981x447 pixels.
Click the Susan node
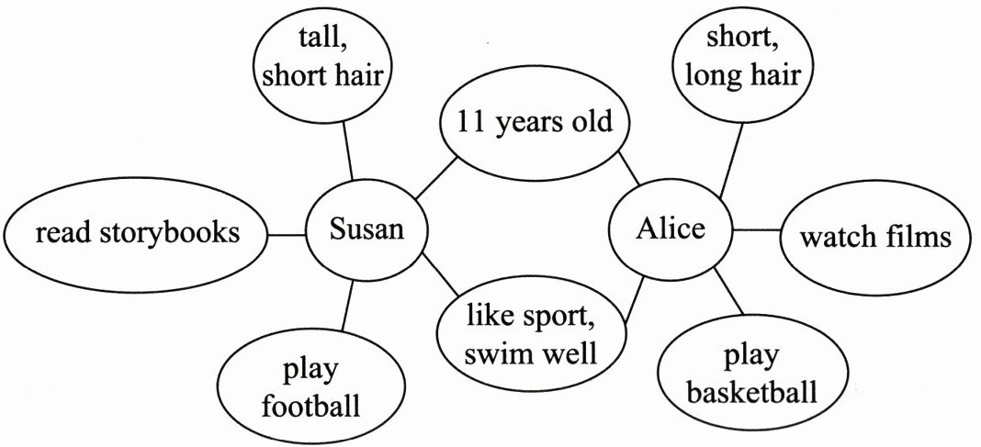pos(367,229)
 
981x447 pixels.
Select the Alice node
pos(671,229)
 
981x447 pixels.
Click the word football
pos(310,405)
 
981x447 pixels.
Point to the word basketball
pos(751,393)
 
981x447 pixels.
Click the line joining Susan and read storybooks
pos(286,235)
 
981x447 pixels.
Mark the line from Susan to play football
pos(348,306)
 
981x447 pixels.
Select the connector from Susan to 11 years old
pos(435,179)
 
